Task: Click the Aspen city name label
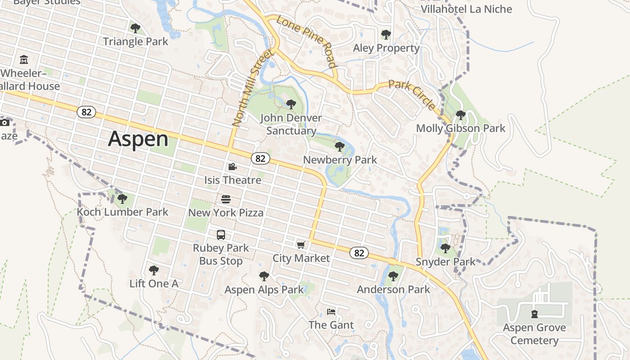pyautogui.click(x=138, y=139)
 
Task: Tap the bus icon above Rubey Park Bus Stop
pyautogui.click(x=221, y=234)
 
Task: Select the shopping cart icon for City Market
pyautogui.click(x=301, y=245)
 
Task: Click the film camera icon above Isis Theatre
pyautogui.click(x=232, y=167)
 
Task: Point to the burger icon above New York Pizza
pyautogui.click(x=226, y=199)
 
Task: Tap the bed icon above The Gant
pyautogui.click(x=331, y=311)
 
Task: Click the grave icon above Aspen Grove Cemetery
pyautogui.click(x=534, y=314)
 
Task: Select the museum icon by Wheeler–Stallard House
pyautogui.click(x=24, y=59)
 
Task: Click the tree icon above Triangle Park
pyautogui.click(x=135, y=28)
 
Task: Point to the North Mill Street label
pyautogui.click(x=252, y=88)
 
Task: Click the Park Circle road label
pyautogui.click(x=412, y=95)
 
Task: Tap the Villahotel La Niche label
pyautogui.click(x=466, y=9)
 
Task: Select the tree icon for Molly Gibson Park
pyautogui.click(x=460, y=115)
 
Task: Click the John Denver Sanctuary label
pyautogui.click(x=291, y=124)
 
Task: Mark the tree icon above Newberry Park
pyautogui.click(x=340, y=146)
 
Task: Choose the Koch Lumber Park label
pyautogui.click(x=122, y=211)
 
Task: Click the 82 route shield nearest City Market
pyautogui.click(x=359, y=253)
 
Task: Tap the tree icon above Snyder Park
pyautogui.click(x=445, y=248)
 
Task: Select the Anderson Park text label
pyautogui.click(x=393, y=289)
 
